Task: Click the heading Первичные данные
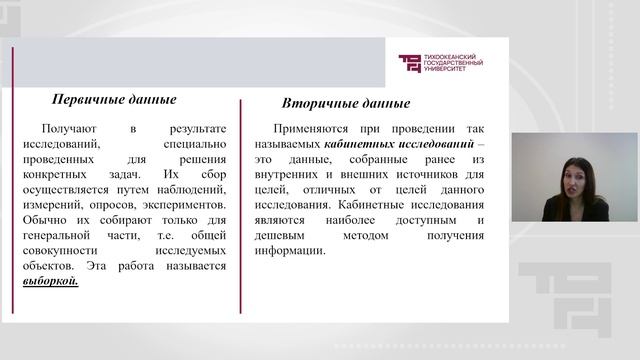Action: (114, 100)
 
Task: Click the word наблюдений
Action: (194, 190)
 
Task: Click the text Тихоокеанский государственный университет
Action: (454, 63)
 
